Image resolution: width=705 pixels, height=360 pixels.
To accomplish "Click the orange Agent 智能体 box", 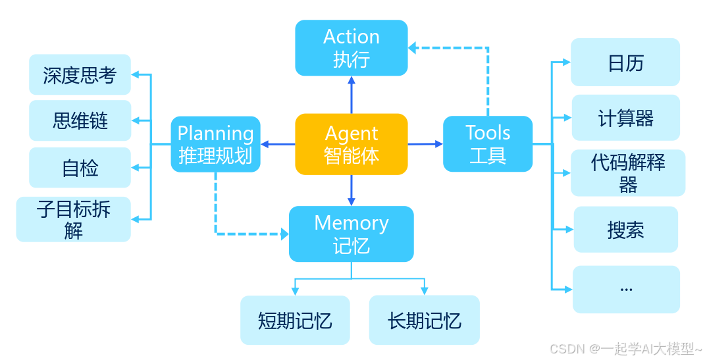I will (351, 144).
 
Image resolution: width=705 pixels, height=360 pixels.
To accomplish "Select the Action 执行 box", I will (351, 47).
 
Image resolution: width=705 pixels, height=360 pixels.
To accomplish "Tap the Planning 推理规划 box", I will (215, 144).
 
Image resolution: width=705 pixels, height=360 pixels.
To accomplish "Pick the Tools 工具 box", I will (487, 144).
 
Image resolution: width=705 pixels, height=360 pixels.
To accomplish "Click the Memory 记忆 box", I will (351, 234).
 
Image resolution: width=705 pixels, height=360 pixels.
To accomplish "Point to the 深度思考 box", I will (80, 75).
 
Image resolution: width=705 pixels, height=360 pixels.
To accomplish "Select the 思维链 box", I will (80, 120).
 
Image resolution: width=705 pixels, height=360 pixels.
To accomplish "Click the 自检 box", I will (80, 168).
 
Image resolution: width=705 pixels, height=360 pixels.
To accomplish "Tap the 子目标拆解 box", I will (73, 219).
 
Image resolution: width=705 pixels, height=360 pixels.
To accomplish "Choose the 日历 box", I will (625, 63).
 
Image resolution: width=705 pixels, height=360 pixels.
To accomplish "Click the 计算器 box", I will (625, 118).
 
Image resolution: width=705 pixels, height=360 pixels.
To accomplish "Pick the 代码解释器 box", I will (627, 173).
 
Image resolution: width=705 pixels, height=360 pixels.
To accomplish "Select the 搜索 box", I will (625, 230).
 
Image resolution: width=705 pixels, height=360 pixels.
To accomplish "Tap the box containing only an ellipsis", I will (625, 289).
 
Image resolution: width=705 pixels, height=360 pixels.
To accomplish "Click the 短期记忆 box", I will (294, 321).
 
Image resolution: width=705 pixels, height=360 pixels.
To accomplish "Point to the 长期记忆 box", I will (424, 321).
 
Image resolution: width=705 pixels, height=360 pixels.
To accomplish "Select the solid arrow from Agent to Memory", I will (351, 190).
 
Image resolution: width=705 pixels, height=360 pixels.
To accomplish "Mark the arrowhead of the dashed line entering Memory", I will (284, 234).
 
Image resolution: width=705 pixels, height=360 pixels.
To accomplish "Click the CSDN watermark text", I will (625, 348).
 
